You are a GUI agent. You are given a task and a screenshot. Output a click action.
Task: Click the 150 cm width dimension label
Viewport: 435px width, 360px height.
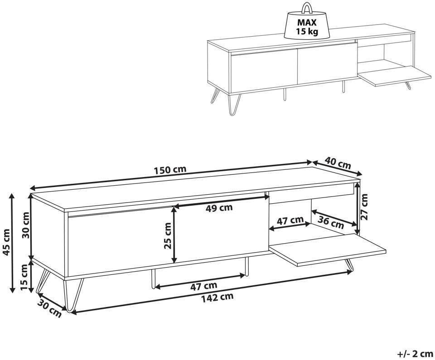170,170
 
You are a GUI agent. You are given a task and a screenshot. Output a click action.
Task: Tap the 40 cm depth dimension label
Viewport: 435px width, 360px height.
338,163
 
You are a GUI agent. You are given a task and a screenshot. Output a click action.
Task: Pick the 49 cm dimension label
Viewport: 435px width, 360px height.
219,208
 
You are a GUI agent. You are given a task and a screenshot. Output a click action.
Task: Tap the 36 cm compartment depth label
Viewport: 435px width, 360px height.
331,222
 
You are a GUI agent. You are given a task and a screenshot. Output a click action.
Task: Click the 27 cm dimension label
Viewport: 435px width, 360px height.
364,207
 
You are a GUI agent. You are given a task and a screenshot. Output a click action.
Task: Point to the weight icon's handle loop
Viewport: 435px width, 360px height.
307,8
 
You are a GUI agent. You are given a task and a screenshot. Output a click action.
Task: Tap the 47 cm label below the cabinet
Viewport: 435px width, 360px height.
203,286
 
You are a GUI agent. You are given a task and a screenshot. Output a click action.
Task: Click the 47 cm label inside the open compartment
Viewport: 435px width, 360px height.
290,221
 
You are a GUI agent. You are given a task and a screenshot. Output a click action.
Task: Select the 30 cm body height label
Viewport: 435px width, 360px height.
26,225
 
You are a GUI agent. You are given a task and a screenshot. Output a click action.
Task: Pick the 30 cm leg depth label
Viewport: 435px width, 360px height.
50,309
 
